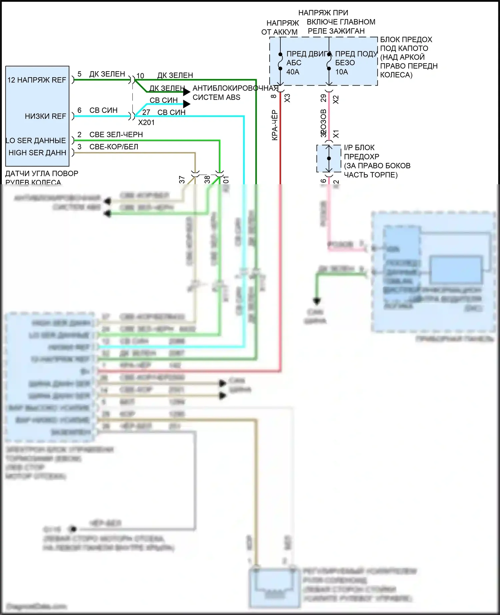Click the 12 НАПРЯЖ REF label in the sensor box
pos(37,80)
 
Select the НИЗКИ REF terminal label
pos(45,116)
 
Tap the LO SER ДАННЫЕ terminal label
pos(36,141)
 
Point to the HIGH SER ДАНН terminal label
pos(37,153)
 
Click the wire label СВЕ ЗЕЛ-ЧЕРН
pos(116,135)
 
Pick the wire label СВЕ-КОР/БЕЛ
pos(114,147)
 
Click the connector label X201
pos(146,123)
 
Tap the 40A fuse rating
pos(293,72)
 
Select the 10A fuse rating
pos(341,72)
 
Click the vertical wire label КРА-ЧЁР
pos(275,125)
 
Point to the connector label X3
pos(287,98)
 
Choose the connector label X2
pos(336,99)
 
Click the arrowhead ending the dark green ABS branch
pos(187,92)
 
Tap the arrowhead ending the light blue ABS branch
pos(187,104)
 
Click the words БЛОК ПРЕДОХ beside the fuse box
pos(406,40)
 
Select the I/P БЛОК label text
pos(359,148)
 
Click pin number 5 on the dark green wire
pos(79,74)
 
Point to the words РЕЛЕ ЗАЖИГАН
pos(336,31)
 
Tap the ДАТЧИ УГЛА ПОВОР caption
pos(42,174)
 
